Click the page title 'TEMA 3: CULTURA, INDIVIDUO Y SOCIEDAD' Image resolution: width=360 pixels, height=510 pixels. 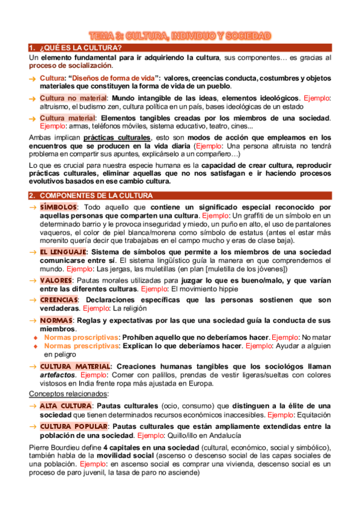(x=180, y=36)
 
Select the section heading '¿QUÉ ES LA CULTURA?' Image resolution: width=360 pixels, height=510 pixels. (x=81, y=48)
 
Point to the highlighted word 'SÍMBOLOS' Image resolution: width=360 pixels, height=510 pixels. (x=58, y=207)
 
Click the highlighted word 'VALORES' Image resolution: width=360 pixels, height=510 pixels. (x=56, y=280)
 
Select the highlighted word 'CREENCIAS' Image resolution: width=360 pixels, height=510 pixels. (x=59, y=300)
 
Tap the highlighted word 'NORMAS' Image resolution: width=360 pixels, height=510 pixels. (x=56, y=320)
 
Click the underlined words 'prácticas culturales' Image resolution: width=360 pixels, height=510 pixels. (x=117, y=137)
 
